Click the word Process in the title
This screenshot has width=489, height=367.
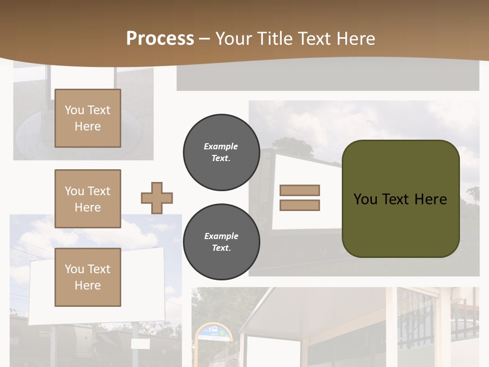[160, 39]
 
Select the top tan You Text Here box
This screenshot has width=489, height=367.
[88, 118]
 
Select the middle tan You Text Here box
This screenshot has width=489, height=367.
[88, 199]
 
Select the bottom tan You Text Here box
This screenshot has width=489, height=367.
[88, 277]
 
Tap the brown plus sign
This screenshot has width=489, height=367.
[157, 198]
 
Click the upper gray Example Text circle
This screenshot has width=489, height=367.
[221, 152]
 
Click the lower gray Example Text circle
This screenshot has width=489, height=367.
[221, 242]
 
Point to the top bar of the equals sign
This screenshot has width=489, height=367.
[300, 190]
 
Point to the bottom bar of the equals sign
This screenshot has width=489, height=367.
[300, 205]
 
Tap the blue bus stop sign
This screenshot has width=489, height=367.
[214, 332]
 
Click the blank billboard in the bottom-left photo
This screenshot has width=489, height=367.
[97, 285]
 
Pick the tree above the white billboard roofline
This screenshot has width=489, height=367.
[293, 147]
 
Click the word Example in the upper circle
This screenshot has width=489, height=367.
[221, 146]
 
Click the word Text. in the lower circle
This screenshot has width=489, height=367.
[221, 248]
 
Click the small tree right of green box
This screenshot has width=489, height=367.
[473, 194]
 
